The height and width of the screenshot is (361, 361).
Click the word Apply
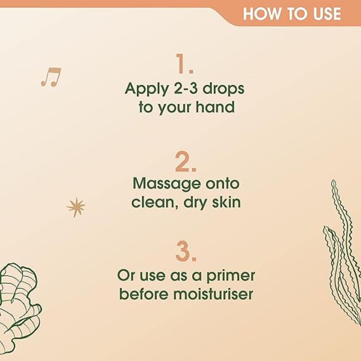(147, 90)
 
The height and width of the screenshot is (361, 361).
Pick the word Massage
(166, 184)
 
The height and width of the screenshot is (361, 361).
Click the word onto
(222, 183)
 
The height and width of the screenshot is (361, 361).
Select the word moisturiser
(213, 293)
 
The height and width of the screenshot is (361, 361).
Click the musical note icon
(51, 77)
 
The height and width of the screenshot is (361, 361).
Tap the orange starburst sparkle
(76, 207)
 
